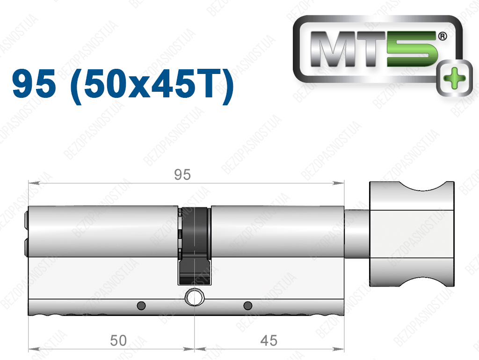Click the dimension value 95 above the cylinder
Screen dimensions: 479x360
[182, 175]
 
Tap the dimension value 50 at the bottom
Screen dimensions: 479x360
[118, 340]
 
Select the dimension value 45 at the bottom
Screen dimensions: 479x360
[269, 340]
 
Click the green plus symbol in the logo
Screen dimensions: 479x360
[454, 78]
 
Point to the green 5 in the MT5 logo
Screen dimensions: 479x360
[413, 49]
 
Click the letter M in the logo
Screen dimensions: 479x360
[333, 49]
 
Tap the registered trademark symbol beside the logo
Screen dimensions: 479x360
[443, 37]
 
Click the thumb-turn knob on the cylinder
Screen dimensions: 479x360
[412, 234]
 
